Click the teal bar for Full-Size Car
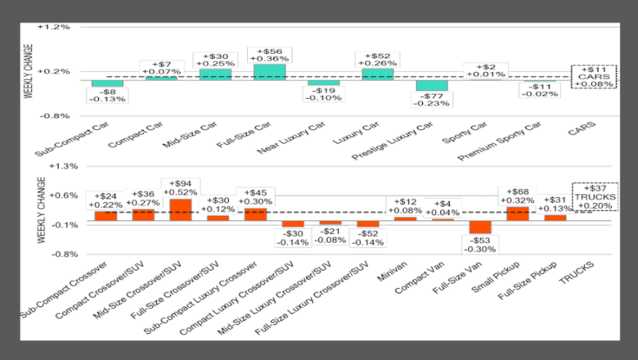pyautogui.click(x=269, y=71)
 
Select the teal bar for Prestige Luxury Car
pyautogui.click(x=431, y=85)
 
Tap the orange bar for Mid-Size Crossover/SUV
pyautogui.click(x=180, y=210)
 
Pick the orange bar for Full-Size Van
pyautogui.click(x=480, y=227)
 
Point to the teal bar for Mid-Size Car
pyautogui.click(x=215, y=74)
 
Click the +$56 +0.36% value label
pyautogui.click(x=269, y=53)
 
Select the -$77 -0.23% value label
pyautogui.click(x=431, y=99)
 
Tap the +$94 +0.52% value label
pyautogui.click(x=180, y=187)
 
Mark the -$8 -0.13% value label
pyautogui.click(x=107, y=95)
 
